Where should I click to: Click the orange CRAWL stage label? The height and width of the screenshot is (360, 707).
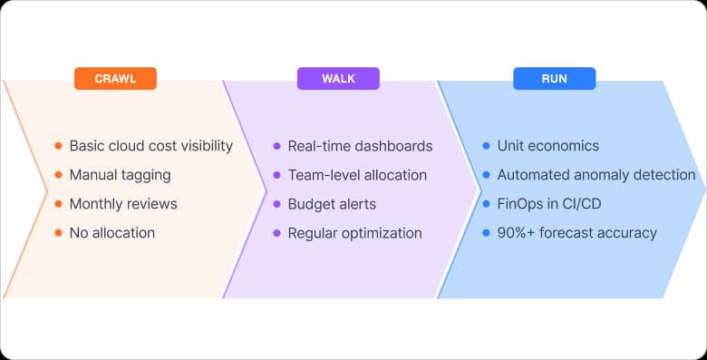tap(115, 79)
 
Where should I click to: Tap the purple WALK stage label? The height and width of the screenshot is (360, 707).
tap(338, 79)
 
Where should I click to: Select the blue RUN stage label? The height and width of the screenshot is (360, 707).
tap(554, 79)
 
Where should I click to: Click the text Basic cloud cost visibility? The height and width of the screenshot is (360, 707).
tap(150, 146)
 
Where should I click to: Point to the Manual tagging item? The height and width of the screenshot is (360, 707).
tap(120, 175)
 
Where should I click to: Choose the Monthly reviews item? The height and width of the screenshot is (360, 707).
tap(123, 204)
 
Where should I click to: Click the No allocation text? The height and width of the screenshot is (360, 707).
tap(111, 233)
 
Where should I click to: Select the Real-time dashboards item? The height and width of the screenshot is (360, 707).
tap(360, 146)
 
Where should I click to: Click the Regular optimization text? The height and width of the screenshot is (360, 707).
tap(354, 233)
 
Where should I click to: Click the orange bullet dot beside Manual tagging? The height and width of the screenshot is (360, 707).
tap(59, 175)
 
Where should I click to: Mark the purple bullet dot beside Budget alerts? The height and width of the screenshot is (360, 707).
tap(277, 204)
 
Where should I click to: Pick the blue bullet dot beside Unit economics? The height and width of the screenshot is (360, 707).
tap(487, 146)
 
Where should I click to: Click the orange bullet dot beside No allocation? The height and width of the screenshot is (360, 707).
tap(59, 233)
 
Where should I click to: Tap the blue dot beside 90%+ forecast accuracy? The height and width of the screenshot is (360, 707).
tap(487, 233)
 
